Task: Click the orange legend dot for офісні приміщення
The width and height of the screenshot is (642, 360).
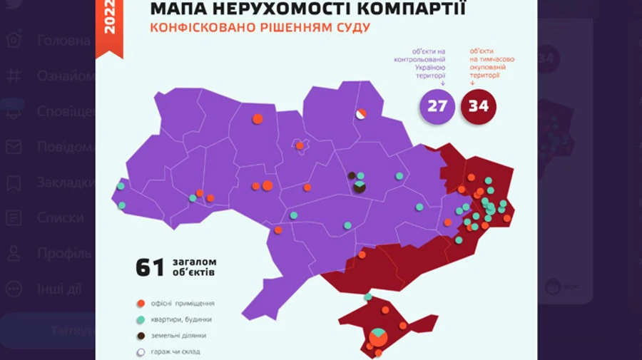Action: pos(141,303)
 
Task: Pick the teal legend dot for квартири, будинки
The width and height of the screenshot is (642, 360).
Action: pos(141,319)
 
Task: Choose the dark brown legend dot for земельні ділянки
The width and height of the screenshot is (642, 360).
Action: pos(141,336)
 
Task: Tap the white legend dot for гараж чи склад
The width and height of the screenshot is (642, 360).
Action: pos(141,351)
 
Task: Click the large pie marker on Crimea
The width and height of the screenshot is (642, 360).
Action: pos(379,336)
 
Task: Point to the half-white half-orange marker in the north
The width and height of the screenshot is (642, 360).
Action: pos(361,113)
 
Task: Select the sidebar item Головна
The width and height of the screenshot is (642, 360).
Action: pos(63,41)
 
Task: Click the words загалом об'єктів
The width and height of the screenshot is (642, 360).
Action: pos(194,267)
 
